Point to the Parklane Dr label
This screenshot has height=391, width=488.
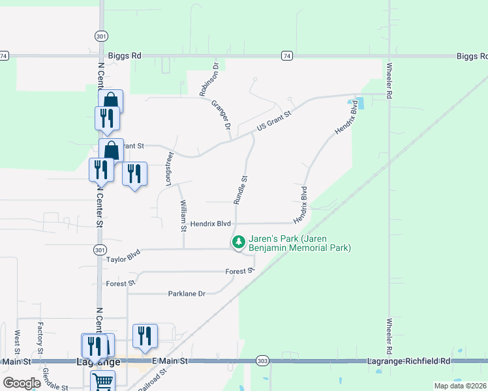[x=187, y=294]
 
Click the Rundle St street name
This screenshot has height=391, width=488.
[x=241, y=187]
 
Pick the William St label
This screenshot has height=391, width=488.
[x=183, y=216]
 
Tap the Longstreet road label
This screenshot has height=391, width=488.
[x=170, y=169]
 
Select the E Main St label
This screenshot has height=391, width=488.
[x=170, y=360]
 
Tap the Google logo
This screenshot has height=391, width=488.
[x=22, y=383]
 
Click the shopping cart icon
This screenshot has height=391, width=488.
[x=102, y=382]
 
